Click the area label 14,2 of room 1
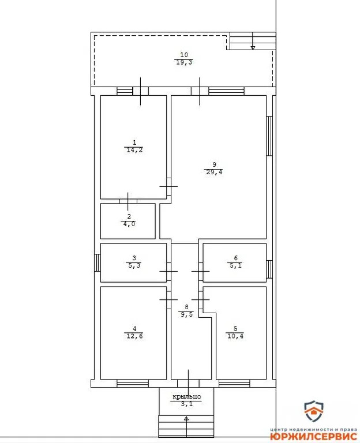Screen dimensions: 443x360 [x=133, y=150]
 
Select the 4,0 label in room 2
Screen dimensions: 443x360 [x=129, y=224]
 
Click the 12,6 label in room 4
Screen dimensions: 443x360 [x=133, y=337]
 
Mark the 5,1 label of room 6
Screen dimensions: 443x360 [x=235, y=266]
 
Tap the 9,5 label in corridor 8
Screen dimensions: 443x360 [x=186, y=315]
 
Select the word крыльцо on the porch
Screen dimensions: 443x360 [x=186, y=397]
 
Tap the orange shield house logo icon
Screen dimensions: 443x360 [x=314, y=412]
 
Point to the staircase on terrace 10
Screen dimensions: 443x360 [x=252, y=41]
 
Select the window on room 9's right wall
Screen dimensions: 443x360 [x=269, y=136]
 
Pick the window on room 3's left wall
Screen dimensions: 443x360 [x=97, y=262]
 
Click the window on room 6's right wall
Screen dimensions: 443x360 [x=269, y=269]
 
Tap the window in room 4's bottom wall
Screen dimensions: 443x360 [x=132, y=382]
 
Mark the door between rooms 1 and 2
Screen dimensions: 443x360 [x=128, y=201]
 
